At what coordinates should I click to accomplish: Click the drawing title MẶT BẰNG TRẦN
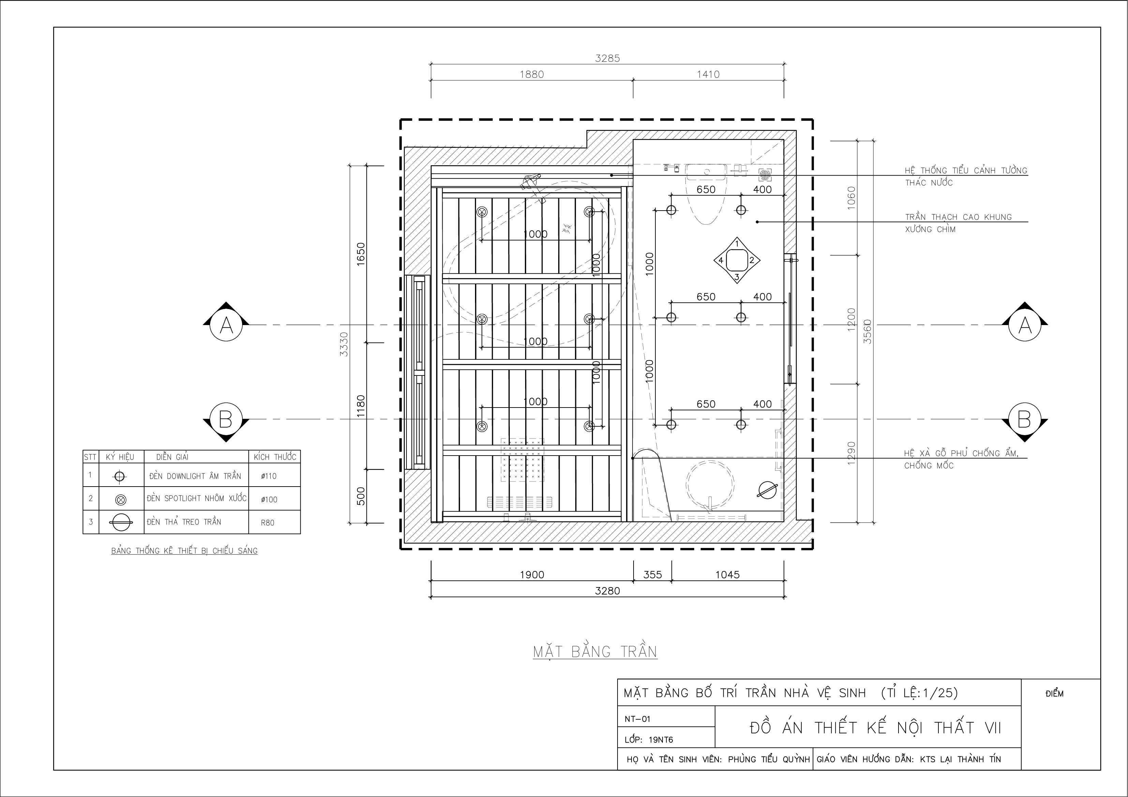coord(595,651)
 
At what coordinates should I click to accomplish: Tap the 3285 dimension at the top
coord(608,58)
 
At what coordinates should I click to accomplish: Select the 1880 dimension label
coord(532,74)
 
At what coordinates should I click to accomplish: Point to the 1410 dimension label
coord(708,74)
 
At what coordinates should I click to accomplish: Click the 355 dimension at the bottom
coord(652,574)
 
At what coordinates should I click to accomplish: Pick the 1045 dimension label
coord(727,574)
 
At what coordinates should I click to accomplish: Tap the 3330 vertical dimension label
coord(344,344)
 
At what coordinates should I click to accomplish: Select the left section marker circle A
coord(226,325)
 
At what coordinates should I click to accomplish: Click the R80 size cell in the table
coord(268,522)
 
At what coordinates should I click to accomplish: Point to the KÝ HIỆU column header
coord(120,457)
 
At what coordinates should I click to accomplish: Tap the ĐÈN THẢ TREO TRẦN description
coord(184,522)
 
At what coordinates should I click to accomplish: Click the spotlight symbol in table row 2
coord(120,500)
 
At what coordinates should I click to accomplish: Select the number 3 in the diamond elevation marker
coord(737,277)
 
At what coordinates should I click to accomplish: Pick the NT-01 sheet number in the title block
coord(637,719)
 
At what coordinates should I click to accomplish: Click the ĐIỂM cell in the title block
coord(1055,693)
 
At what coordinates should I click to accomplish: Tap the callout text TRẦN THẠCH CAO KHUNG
coord(959,217)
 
